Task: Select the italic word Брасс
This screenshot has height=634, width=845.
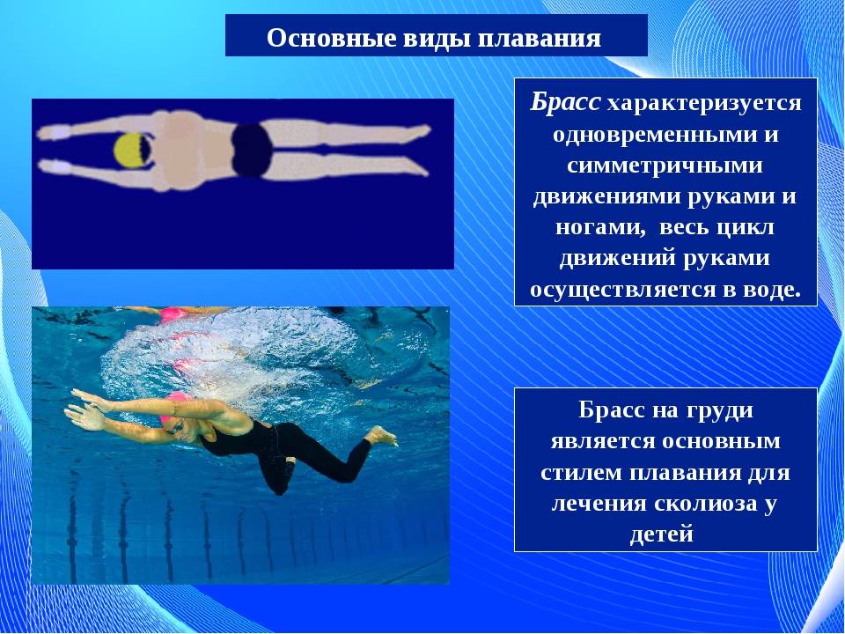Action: [x=564, y=102]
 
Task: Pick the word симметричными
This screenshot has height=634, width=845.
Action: [x=665, y=165]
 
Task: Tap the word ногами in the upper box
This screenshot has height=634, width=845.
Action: [x=600, y=227]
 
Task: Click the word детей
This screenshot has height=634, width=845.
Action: [x=661, y=535]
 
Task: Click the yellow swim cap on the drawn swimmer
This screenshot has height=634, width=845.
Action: [x=131, y=151]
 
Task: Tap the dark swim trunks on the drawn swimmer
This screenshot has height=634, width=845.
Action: [x=253, y=150]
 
